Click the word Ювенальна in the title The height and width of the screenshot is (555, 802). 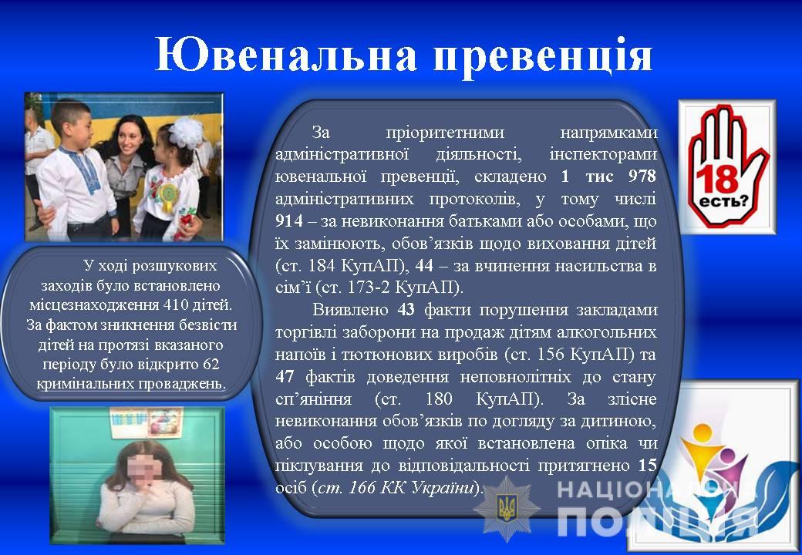pyautogui.click(x=286, y=54)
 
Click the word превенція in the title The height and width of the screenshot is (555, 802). pyautogui.click(x=543, y=57)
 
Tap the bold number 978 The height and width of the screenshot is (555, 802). pyautogui.click(x=642, y=177)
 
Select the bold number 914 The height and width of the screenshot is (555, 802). pyautogui.click(x=289, y=220)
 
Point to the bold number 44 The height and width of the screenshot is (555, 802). pyautogui.click(x=424, y=265)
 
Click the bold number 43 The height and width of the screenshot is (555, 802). pyautogui.click(x=406, y=310)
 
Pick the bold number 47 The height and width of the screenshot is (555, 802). pyautogui.click(x=285, y=377)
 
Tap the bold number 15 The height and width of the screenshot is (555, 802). pyautogui.click(x=647, y=465)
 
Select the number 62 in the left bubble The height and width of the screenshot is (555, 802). pyautogui.click(x=211, y=365)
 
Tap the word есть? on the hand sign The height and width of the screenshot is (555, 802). pyautogui.click(x=723, y=201)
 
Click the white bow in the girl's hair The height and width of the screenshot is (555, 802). pyautogui.click(x=186, y=132)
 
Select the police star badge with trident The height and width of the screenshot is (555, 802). pyautogui.click(x=507, y=508)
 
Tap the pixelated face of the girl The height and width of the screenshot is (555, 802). pyautogui.click(x=143, y=468)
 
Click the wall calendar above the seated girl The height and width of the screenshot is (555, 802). pyautogui.click(x=147, y=422)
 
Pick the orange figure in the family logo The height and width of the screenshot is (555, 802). pyautogui.click(x=703, y=445)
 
